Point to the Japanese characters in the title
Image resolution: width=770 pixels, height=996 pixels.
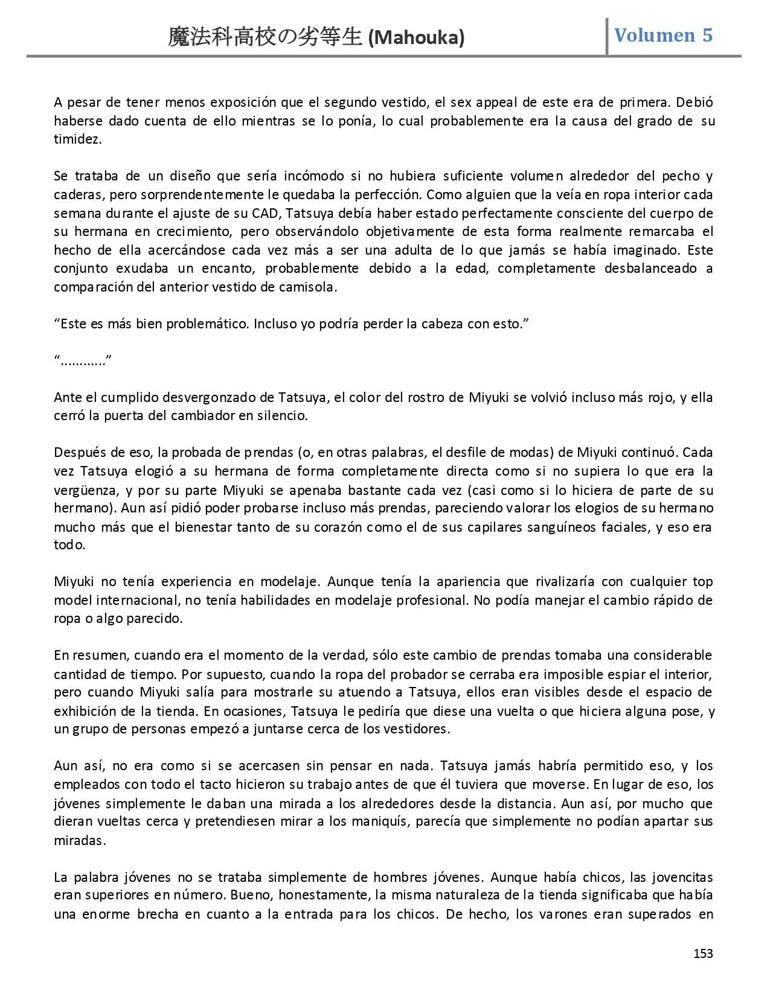[x=266, y=38]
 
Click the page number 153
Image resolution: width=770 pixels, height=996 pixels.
[x=703, y=953]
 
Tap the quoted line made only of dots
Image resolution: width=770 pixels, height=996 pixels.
[x=83, y=361]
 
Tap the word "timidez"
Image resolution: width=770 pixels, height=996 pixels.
[x=77, y=139]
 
